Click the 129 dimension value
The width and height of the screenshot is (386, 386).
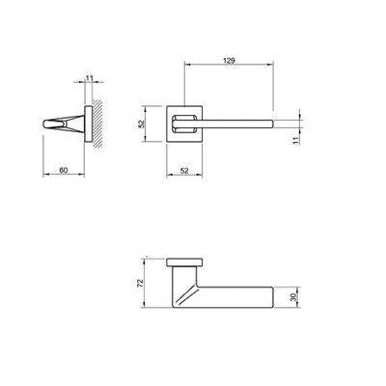pyautogui.click(x=229, y=61)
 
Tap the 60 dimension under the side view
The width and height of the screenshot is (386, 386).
pyautogui.click(x=64, y=170)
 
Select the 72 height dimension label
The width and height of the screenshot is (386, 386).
pyautogui.click(x=140, y=283)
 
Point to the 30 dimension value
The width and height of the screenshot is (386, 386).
pyautogui.click(x=292, y=297)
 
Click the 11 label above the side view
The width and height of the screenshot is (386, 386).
pyautogui.click(x=89, y=77)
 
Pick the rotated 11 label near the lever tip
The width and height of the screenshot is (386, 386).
pyautogui.click(x=296, y=139)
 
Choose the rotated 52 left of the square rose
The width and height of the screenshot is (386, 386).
pyautogui.click(x=141, y=124)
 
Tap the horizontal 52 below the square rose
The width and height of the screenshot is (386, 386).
pyautogui.click(x=184, y=171)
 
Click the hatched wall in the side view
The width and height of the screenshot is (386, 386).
pyautogui.click(x=97, y=124)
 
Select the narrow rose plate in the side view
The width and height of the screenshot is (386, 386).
pyautogui.click(x=89, y=124)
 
